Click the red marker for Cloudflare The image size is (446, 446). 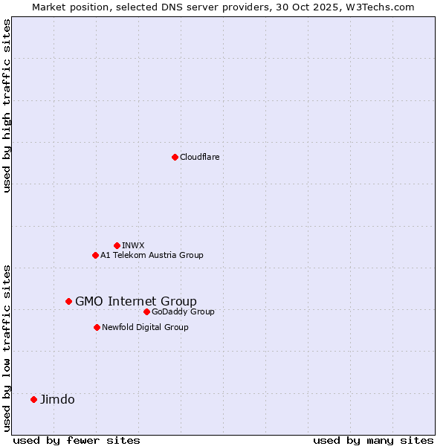(x=175, y=157)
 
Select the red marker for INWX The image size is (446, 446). (x=117, y=245)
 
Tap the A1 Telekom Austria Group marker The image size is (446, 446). (x=95, y=255)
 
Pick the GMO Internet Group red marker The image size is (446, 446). (x=68, y=301)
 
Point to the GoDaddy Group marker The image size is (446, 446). (x=146, y=311)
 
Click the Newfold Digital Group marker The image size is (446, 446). (x=97, y=327)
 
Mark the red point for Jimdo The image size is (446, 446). (x=33, y=399)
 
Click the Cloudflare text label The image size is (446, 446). (x=199, y=157)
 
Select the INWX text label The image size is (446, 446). (x=133, y=245)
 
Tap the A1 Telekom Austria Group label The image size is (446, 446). (x=152, y=255)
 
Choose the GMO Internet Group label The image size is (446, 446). (x=136, y=301)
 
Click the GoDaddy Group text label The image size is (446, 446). (x=183, y=311)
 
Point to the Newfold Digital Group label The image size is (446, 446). (x=145, y=327)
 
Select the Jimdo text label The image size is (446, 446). (x=57, y=399)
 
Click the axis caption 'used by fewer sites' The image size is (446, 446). (x=77, y=440)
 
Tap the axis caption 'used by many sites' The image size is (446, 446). (x=373, y=440)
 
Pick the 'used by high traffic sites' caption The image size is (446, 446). (x=7, y=106)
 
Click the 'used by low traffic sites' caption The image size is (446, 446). (x=7, y=347)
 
